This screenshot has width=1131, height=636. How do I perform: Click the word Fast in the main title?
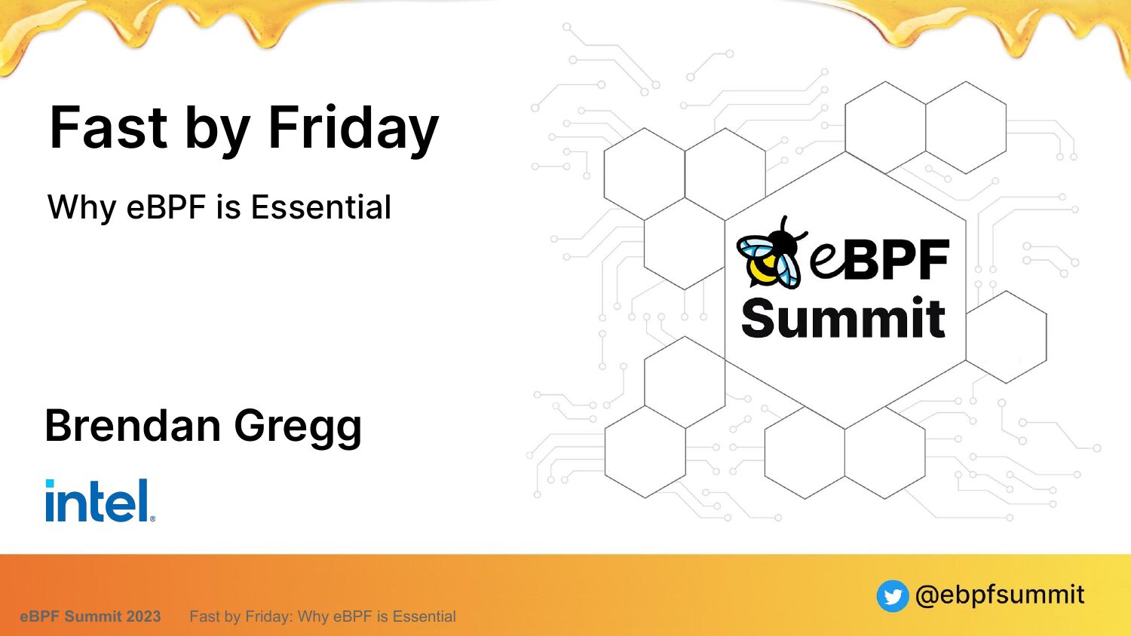click(108, 127)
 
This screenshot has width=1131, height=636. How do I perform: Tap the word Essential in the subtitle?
click(321, 207)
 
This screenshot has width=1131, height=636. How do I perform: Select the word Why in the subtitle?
click(81, 208)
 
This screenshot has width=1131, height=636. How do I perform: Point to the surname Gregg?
click(298, 428)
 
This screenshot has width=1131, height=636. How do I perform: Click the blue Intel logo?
click(100, 500)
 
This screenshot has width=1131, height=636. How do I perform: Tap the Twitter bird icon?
click(892, 595)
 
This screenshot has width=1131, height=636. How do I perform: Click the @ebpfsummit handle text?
click(1000, 595)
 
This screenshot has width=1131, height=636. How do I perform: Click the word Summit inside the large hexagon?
click(843, 318)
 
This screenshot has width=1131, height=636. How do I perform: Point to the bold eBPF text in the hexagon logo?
click(880, 259)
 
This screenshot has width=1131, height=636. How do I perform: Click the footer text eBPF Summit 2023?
click(90, 616)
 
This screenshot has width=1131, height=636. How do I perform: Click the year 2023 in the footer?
click(143, 616)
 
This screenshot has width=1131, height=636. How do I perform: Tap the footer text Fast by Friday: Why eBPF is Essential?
click(323, 617)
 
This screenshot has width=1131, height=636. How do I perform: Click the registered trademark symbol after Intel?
click(152, 518)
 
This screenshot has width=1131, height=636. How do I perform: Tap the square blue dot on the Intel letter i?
click(50, 484)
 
